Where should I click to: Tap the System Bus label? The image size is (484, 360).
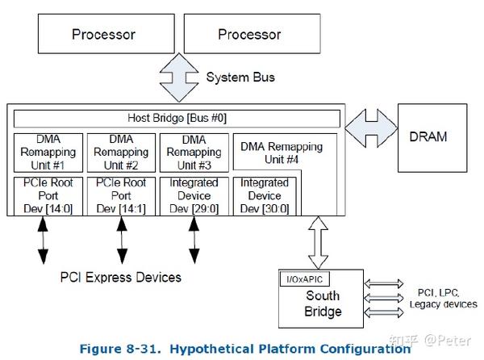[x=240, y=77]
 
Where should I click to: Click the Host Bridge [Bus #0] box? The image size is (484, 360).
[x=176, y=119]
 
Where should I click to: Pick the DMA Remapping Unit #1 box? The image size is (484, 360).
[x=47, y=151]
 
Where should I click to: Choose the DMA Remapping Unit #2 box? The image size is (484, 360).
[x=121, y=151]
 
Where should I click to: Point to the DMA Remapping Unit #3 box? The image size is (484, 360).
[x=194, y=151]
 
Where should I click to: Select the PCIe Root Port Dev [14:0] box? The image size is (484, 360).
[x=47, y=196]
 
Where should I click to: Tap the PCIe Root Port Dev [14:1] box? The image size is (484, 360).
[x=121, y=196]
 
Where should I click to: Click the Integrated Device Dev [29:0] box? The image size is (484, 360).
[x=194, y=196]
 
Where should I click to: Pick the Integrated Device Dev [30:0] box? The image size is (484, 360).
[x=265, y=196]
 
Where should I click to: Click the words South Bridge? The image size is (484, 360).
[x=322, y=303]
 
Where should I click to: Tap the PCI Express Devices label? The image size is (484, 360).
[x=121, y=278]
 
